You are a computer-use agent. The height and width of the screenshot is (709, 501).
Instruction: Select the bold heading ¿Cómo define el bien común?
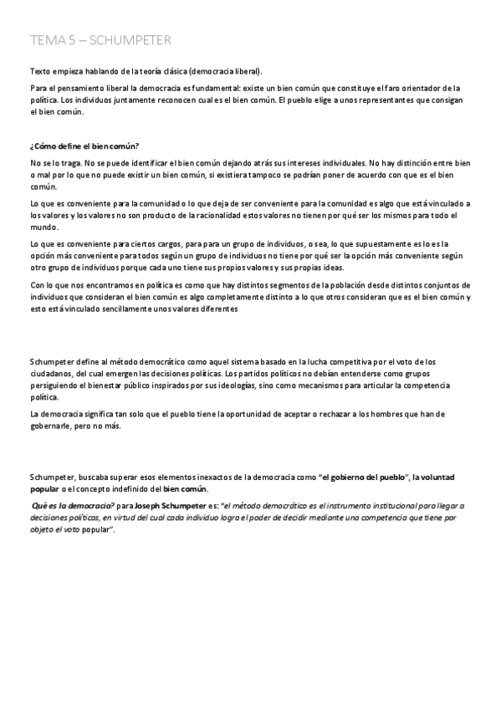84,147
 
